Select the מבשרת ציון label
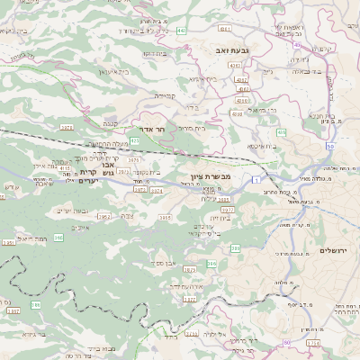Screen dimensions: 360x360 coord(211,176)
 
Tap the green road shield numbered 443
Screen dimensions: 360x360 coord(183,31)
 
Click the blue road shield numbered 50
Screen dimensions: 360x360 coord(330,146)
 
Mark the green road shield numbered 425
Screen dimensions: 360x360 coord(134,141)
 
